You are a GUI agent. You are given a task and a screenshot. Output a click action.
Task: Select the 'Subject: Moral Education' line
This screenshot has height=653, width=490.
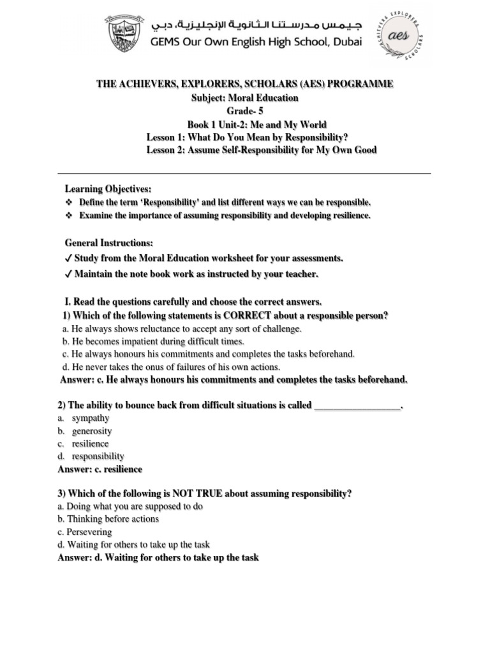tap(245, 98)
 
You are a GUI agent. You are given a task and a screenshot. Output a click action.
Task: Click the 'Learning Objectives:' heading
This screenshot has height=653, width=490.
tap(108, 189)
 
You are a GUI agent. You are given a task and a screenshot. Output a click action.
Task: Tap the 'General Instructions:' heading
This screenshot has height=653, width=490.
tap(108, 243)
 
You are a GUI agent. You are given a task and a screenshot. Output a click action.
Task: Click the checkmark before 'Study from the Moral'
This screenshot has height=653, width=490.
tap(68, 258)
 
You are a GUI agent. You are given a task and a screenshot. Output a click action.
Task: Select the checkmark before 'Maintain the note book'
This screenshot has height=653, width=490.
tap(68, 274)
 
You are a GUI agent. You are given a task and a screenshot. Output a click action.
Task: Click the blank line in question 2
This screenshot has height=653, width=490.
tap(358, 406)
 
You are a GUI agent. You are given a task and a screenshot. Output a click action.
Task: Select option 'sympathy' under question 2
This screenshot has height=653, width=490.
tap(91, 418)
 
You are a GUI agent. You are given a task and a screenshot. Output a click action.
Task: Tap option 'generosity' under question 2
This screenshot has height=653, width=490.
tap(92, 431)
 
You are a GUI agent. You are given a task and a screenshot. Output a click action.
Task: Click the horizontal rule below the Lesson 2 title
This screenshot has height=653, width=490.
tap(244, 173)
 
